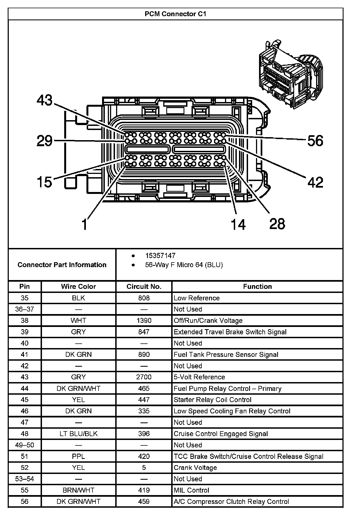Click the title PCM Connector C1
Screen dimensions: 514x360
point(175,14)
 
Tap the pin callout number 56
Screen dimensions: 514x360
point(315,141)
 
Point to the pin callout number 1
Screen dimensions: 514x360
point(85,224)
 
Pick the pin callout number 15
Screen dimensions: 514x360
point(44,182)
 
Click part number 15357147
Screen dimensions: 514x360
point(160,256)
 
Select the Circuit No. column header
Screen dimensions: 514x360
point(144,287)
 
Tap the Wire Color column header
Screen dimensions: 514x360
point(78,287)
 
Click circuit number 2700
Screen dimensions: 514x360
point(144,377)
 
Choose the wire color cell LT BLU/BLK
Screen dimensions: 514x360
point(78,434)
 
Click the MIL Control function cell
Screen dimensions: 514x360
point(191,490)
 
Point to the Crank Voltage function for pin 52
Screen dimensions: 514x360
point(195,468)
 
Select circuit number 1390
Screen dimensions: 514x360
point(144,321)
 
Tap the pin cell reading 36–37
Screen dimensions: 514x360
point(25,309)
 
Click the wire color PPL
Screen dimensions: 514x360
point(78,456)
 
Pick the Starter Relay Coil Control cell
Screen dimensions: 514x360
point(212,400)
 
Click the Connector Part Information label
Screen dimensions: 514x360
point(62,265)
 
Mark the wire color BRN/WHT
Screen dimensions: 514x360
point(78,490)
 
